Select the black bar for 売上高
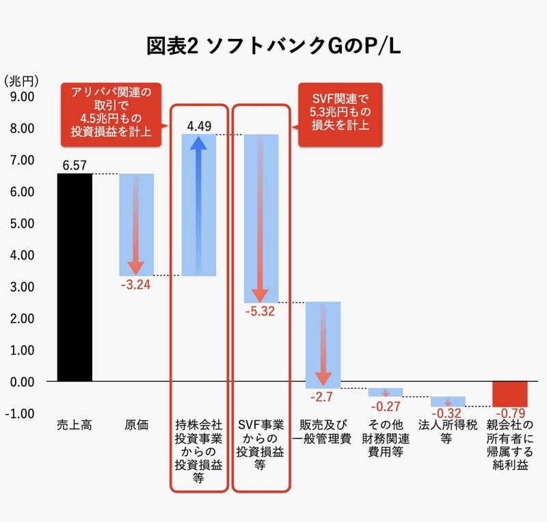click(x=75, y=277)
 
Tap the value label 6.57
click(x=75, y=165)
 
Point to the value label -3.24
click(x=135, y=284)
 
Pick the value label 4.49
click(x=199, y=126)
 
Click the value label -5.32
click(x=261, y=312)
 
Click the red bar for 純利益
click(x=510, y=394)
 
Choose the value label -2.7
click(x=323, y=397)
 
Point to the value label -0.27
click(x=386, y=405)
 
